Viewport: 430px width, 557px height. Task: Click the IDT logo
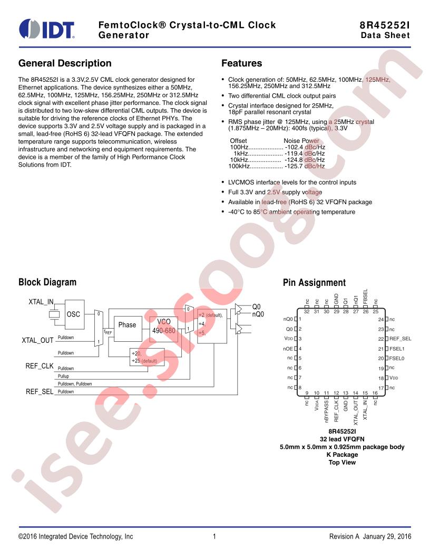coord(47,29)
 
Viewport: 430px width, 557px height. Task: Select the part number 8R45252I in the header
coord(385,25)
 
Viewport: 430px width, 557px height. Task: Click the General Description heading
coord(65,63)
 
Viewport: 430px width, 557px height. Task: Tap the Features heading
coord(241,63)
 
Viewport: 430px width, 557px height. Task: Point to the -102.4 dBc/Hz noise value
coord(305,147)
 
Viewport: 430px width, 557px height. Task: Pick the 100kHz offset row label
coord(239,166)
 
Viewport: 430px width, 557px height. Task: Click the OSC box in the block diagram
coord(74,314)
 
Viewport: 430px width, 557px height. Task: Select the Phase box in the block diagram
coord(128,329)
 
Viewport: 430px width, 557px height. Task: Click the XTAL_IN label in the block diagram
coord(41,302)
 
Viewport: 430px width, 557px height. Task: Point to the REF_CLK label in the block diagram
coord(40,366)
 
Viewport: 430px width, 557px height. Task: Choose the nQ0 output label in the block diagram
coord(258,314)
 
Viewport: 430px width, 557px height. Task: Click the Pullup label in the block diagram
coord(64,376)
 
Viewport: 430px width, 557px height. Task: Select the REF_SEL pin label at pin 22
coord(400,339)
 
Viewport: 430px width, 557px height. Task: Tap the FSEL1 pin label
coord(397,349)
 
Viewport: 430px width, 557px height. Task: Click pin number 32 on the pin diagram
coord(307,312)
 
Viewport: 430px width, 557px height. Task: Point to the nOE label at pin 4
coord(288,349)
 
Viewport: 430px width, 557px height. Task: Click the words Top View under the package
coord(342,463)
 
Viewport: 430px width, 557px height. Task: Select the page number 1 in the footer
coord(214,536)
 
